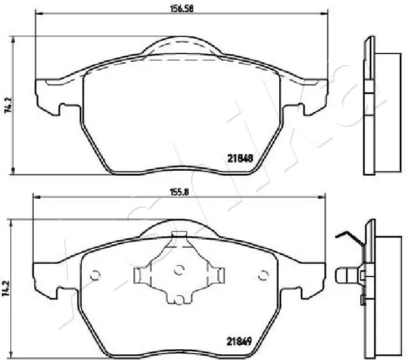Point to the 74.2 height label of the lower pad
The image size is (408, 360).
[x=7, y=289]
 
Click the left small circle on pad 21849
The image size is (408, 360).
[x=96, y=275]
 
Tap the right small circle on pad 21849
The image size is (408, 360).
[x=263, y=275]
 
